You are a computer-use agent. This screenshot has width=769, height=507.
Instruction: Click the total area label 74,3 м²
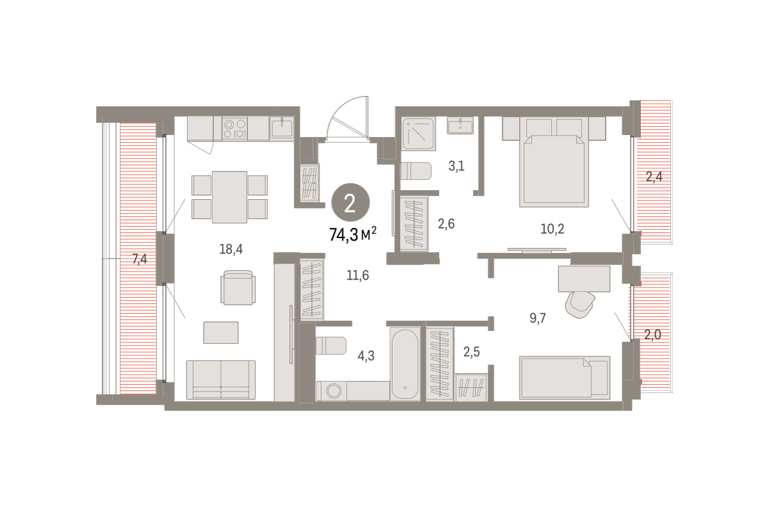click(353, 235)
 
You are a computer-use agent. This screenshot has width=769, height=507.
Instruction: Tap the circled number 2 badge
click(351, 202)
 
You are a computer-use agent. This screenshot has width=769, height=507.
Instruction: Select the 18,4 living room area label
click(231, 250)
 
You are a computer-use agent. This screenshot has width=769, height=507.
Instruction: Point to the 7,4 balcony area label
click(140, 259)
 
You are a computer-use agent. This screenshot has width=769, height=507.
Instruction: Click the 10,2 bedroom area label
click(552, 229)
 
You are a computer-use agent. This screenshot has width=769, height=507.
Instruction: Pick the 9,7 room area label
click(538, 318)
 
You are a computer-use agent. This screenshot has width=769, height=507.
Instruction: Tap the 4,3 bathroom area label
click(366, 356)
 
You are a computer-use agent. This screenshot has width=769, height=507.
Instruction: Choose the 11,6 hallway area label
click(358, 275)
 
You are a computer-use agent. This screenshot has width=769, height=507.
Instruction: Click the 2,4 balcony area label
click(654, 177)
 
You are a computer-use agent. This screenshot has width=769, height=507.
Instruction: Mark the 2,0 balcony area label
click(652, 334)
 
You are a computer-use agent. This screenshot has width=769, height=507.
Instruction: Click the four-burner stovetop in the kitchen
click(235, 128)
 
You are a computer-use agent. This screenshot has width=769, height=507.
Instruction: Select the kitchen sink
click(282, 127)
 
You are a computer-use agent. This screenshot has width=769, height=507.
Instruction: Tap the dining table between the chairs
click(229, 197)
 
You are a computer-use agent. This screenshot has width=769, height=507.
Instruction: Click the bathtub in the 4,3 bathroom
click(405, 364)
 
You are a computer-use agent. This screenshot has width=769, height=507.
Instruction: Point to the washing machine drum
click(334, 390)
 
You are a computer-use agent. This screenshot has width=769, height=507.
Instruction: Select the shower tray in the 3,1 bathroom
click(418, 133)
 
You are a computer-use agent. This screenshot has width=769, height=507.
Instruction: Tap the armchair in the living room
click(238, 287)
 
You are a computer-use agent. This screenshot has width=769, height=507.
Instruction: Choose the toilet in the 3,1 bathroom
click(416, 171)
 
